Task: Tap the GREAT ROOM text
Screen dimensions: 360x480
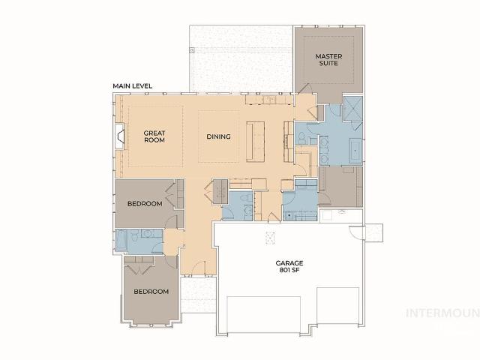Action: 154,136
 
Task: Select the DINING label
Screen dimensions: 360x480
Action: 218,136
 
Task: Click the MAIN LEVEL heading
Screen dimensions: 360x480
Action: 133,86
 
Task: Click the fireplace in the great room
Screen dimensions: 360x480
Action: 119,137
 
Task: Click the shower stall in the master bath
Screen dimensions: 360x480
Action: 351,109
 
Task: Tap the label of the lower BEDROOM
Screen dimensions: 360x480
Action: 151,291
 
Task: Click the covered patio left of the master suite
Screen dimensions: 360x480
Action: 240,56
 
